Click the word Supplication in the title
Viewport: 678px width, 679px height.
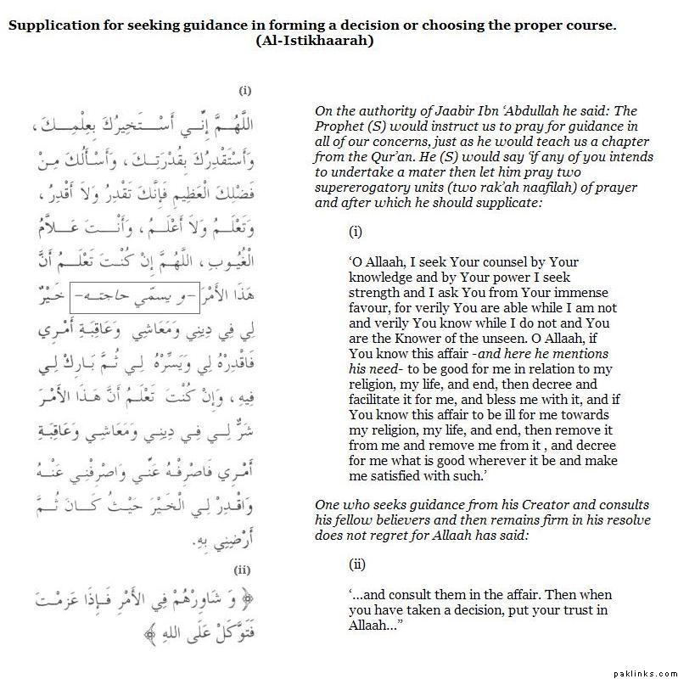49,25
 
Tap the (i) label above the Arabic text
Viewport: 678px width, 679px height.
245,90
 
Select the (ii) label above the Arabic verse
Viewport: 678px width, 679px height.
242,570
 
